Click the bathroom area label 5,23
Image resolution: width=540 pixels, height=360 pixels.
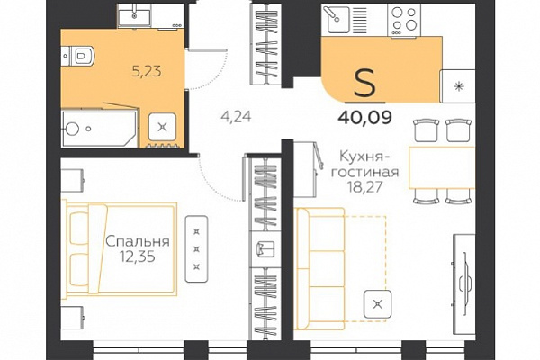pos(147,72)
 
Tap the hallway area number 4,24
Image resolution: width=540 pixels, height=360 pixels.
pos(236,117)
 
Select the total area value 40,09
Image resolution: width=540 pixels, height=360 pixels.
pos(365,118)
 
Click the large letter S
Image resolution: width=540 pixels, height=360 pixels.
pos(364,83)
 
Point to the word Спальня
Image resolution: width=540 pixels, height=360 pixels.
pos(138,241)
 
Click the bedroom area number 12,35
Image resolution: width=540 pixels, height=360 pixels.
pos(138,256)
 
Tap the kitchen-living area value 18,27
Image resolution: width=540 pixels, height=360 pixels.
pos(365,187)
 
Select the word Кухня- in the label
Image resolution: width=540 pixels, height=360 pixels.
pos(361,157)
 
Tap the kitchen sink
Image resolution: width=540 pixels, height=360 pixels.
pos(336,19)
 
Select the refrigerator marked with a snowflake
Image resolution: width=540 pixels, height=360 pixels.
pos(458,86)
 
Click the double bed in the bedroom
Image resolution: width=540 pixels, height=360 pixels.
pos(120,249)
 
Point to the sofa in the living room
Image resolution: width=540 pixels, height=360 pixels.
pos(320,269)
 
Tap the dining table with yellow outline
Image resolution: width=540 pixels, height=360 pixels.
pos(442,167)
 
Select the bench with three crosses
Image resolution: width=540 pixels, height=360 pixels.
pos(196,249)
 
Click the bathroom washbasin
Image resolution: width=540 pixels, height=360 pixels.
pos(134,15)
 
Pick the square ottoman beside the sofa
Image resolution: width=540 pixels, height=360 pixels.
pos(378,304)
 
